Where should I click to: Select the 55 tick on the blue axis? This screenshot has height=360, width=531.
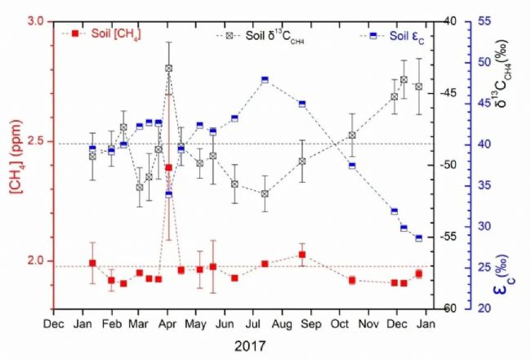[x=493, y=22]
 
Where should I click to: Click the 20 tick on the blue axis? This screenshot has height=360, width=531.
[x=493, y=309]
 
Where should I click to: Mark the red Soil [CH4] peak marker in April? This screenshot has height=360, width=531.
[x=168, y=167]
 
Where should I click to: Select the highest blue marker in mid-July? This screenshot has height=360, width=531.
[x=265, y=79]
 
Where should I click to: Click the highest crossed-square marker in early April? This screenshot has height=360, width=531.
[x=168, y=69]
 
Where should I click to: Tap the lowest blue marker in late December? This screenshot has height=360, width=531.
[x=419, y=238]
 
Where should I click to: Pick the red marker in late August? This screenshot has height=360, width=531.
[x=302, y=255]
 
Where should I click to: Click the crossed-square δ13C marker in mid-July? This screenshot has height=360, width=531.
[x=265, y=193]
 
